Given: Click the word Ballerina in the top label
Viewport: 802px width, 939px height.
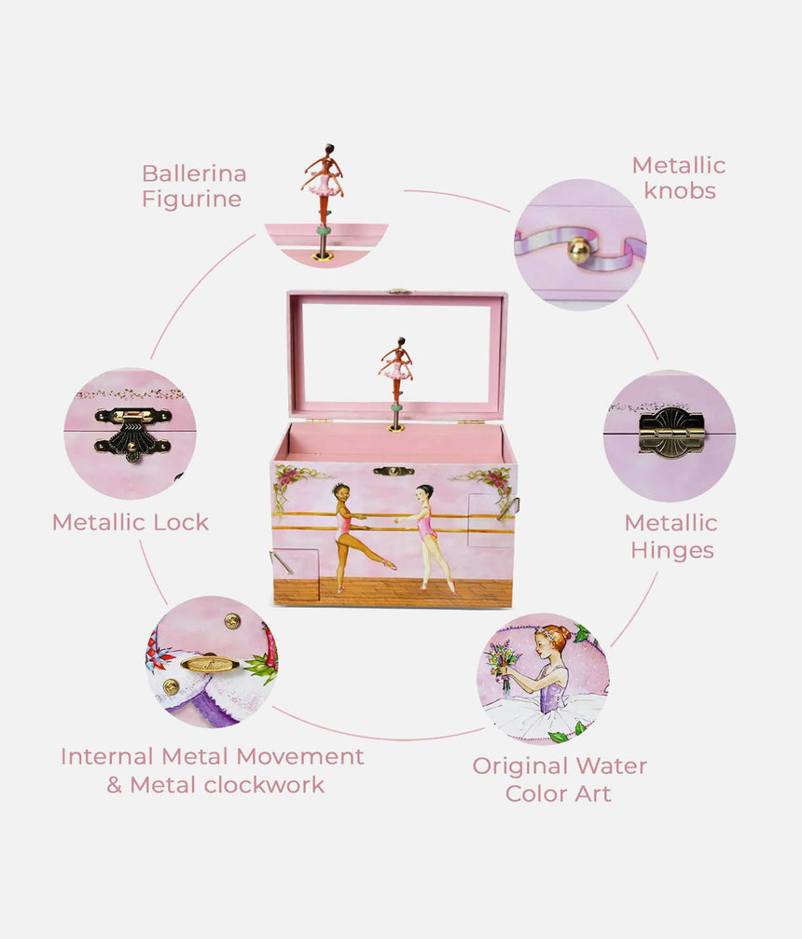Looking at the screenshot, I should tap(194, 173).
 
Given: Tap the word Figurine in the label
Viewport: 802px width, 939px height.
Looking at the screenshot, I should tap(191, 199).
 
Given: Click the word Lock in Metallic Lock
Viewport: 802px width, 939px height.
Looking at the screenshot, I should tap(181, 522).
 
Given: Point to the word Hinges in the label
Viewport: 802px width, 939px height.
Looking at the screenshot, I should tap(671, 550).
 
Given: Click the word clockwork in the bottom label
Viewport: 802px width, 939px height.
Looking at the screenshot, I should tap(265, 785).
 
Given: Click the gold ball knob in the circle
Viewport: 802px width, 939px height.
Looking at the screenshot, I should tap(579, 249).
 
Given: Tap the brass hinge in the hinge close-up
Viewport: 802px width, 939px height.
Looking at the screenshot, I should tap(671, 433).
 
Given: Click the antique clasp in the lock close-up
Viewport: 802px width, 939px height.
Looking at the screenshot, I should tap(132, 433).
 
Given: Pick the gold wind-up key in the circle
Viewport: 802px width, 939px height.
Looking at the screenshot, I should tap(210, 664).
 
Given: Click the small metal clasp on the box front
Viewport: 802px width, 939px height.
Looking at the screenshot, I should tap(394, 471).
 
